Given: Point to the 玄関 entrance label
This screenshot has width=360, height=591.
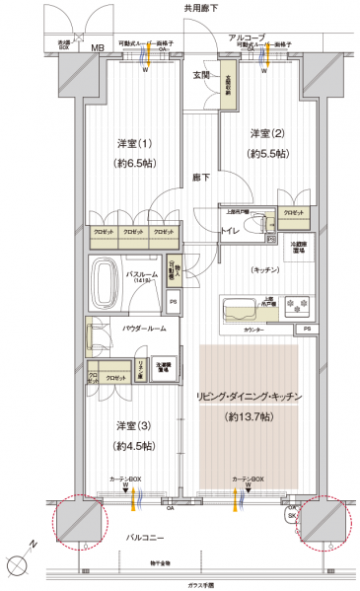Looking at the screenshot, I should click(x=200, y=74).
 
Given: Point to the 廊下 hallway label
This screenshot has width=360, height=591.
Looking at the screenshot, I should click(x=200, y=178).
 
